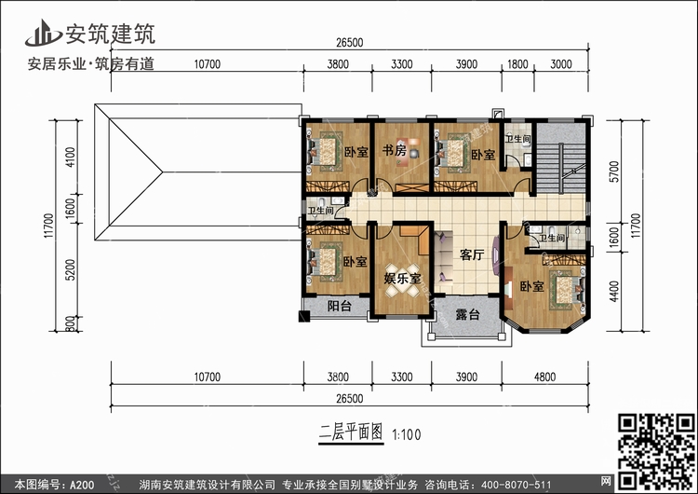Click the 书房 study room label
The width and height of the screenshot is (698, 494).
(x=395, y=150)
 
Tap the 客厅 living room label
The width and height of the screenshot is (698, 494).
(x=472, y=254)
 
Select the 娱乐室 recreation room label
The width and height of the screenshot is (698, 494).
(x=402, y=278)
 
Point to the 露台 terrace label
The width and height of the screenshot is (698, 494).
(x=467, y=314)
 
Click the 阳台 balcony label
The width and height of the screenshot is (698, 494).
(x=339, y=306)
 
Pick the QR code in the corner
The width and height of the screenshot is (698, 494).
(x=656, y=451)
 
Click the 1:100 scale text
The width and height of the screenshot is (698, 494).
(x=406, y=434)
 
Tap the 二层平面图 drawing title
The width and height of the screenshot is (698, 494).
(x=351, y=432)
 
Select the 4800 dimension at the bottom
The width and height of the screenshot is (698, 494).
(x=544, y=377)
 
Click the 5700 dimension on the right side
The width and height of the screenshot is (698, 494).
(x=614, y=172)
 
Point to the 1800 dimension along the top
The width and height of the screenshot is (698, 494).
(x=517, y=64)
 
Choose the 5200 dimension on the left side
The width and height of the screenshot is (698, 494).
(x=71, y=269)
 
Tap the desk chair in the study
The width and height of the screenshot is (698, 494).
(x=414, y=153)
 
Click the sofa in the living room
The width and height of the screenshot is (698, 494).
(x=443, y=257)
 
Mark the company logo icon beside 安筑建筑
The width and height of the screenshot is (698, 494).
(x=43, y=33)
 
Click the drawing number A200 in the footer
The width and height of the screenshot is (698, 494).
(x=82, y=485)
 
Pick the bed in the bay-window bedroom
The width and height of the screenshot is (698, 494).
(x=566, y=290)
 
